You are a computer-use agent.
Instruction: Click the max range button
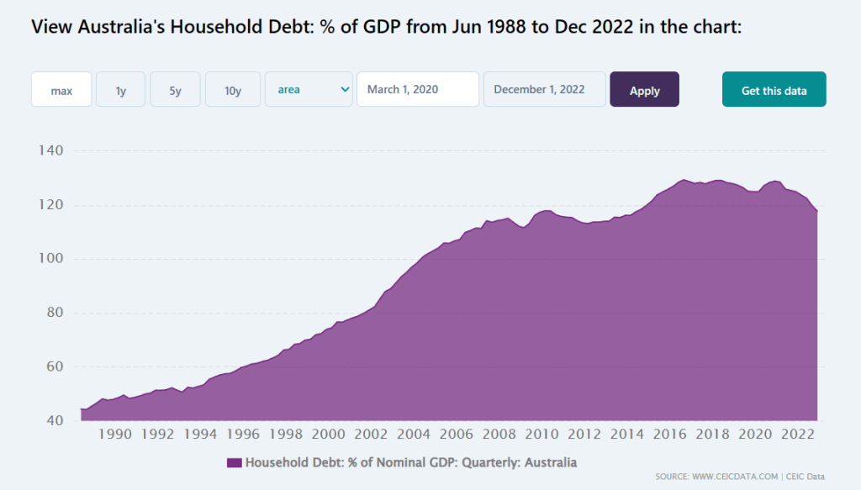(x=61, y=90)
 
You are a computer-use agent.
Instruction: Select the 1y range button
(x=121, y=90)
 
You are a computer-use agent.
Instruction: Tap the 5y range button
(x=175, y=90)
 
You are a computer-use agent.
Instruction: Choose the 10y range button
(x=232, y=90)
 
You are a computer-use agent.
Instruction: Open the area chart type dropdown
(x=309, y=90)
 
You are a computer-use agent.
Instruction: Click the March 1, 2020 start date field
(x=418, y=90)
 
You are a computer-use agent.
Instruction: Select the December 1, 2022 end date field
(x=544, y=90)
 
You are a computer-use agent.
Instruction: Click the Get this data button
(x=774, y=90)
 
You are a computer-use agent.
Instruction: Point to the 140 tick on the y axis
(x=52, y=151)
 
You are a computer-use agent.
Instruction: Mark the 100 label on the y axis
(x=52, y=259)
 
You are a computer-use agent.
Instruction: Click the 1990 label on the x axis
(x=115, y=435)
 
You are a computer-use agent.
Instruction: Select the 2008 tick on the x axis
(x=499, y=435)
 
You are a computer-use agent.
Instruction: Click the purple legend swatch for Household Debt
(x=234, y=462)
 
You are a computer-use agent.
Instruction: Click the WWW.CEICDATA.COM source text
(x=729, y=477)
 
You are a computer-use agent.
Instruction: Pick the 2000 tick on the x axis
(x=329, y=435)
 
